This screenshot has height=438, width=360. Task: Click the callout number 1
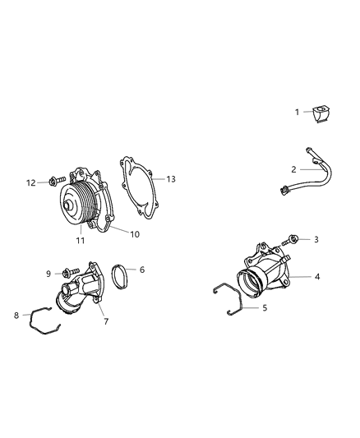point(297,112)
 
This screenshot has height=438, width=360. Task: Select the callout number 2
point(293,169)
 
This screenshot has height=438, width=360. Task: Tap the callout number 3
point(316,240)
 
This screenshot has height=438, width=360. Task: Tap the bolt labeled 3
point(290,241)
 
